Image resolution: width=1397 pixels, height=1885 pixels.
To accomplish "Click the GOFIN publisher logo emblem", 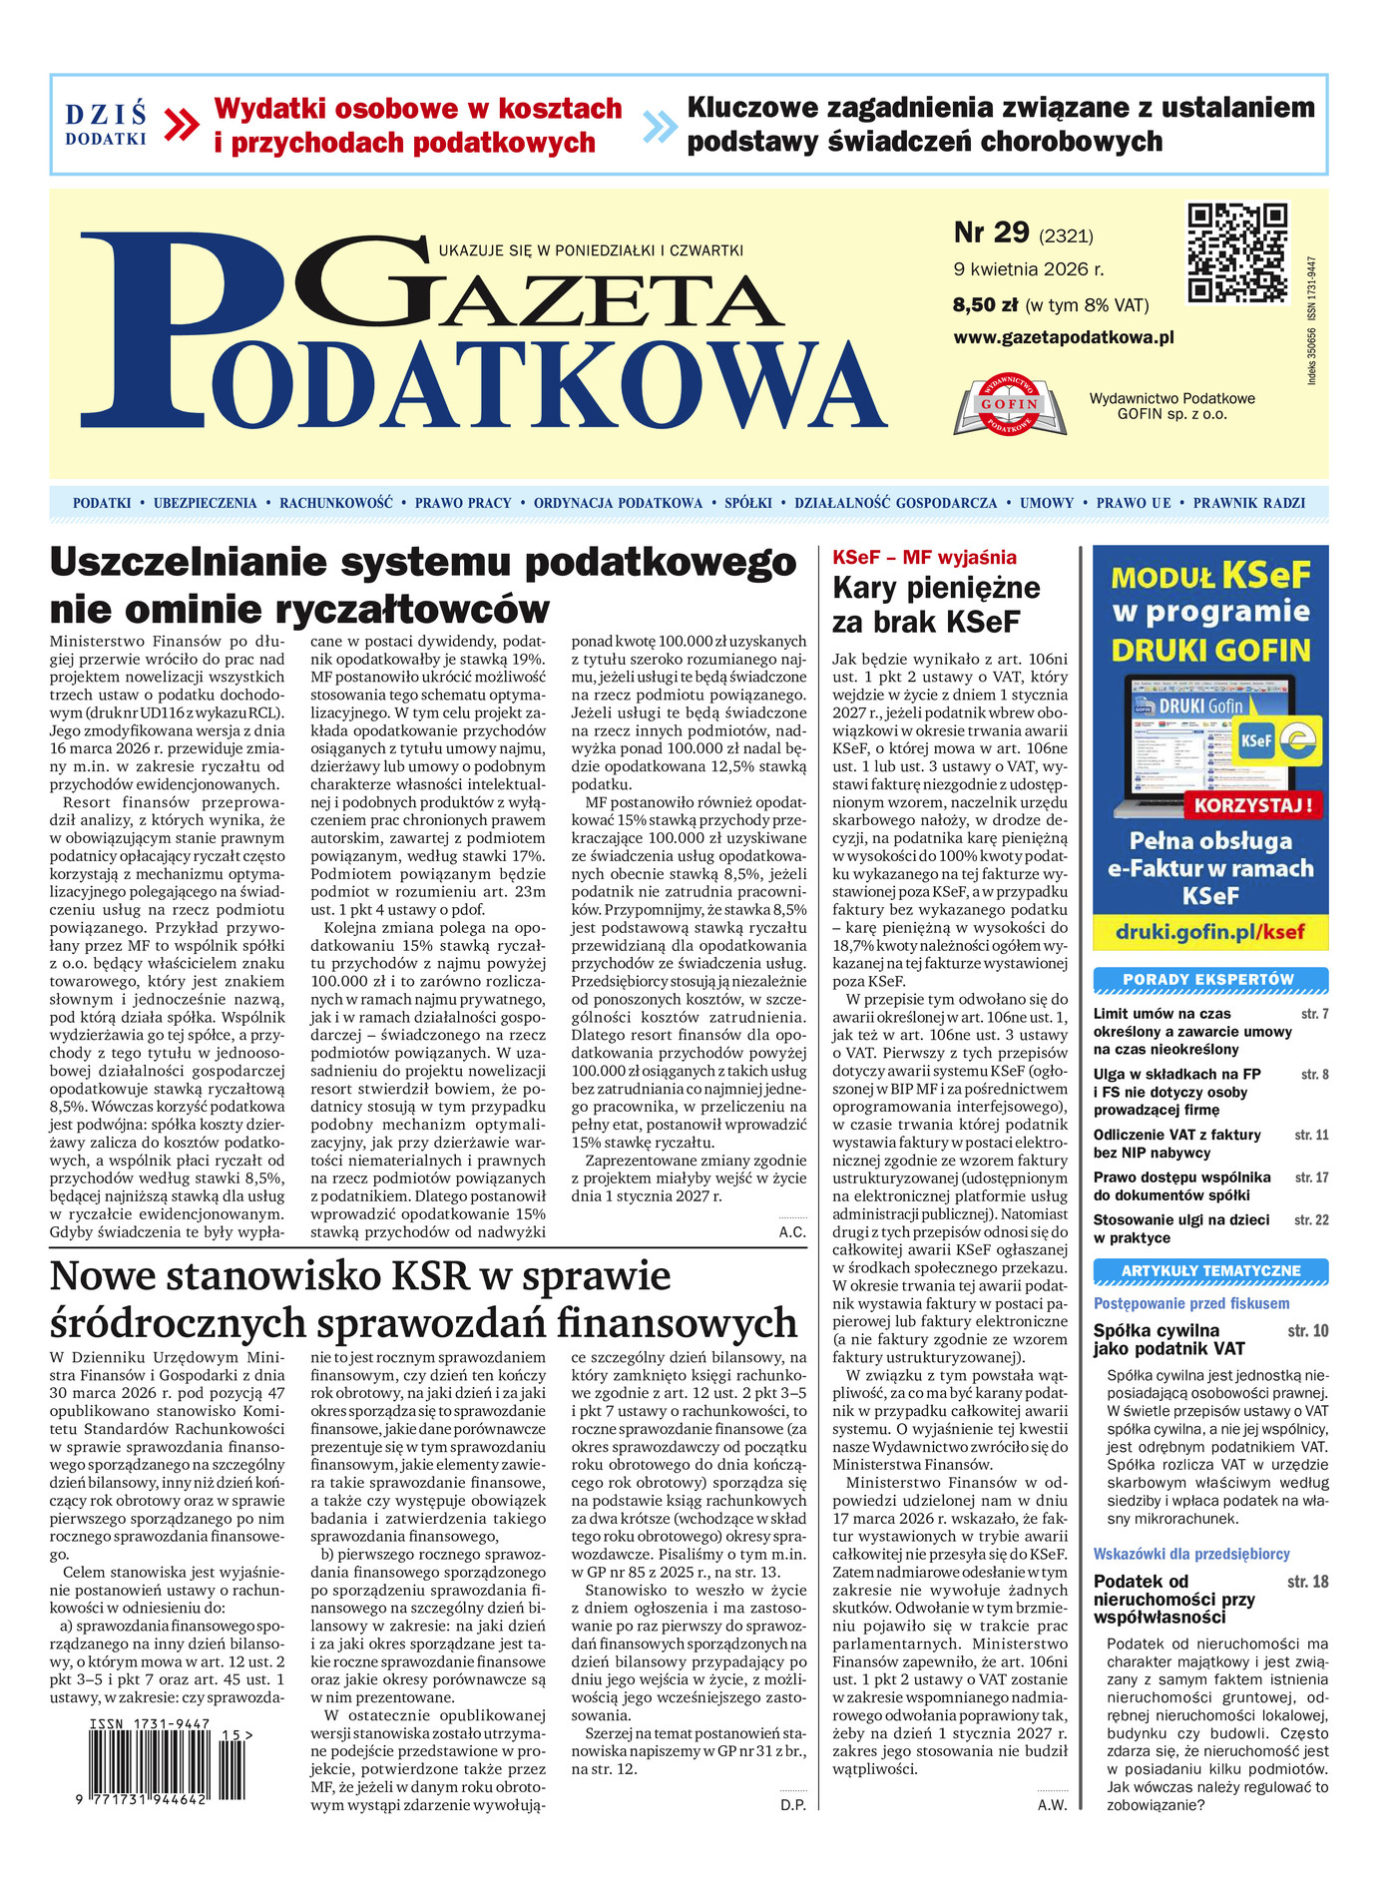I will point(1010,405).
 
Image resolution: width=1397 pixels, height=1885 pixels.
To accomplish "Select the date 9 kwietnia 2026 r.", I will point(1028,269).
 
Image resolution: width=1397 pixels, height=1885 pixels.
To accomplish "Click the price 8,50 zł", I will point(985,305).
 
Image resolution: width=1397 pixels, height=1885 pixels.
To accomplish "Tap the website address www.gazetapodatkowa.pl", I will point(1063,337).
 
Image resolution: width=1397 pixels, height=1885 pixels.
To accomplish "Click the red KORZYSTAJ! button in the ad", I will point(1253,803).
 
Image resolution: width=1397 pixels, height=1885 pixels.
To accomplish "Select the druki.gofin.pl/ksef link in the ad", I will point(1210,933).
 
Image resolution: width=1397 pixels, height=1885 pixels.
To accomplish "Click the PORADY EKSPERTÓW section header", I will point(1209,980).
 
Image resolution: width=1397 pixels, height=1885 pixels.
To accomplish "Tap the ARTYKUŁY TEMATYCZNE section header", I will point(1210,1271).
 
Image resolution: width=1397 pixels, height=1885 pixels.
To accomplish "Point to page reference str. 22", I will point(1311,1220).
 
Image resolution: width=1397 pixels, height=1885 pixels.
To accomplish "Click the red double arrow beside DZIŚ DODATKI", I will point(182,125).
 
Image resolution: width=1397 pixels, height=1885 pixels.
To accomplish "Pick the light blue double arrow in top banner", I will point(660,125).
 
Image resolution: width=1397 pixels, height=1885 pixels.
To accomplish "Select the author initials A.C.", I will point(792,1232).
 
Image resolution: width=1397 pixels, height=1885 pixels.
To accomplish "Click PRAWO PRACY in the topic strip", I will point(463,503).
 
